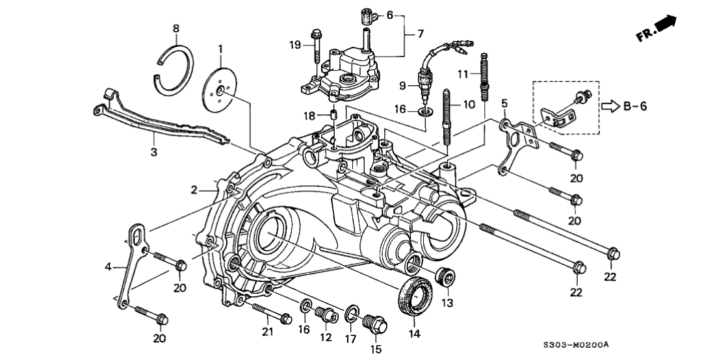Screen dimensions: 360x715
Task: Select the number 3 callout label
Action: coord(153,153)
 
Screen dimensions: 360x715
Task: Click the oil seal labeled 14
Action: coord(415,296)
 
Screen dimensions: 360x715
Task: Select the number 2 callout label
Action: coord(194,189)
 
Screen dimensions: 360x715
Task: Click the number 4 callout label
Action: coord(110,266)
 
